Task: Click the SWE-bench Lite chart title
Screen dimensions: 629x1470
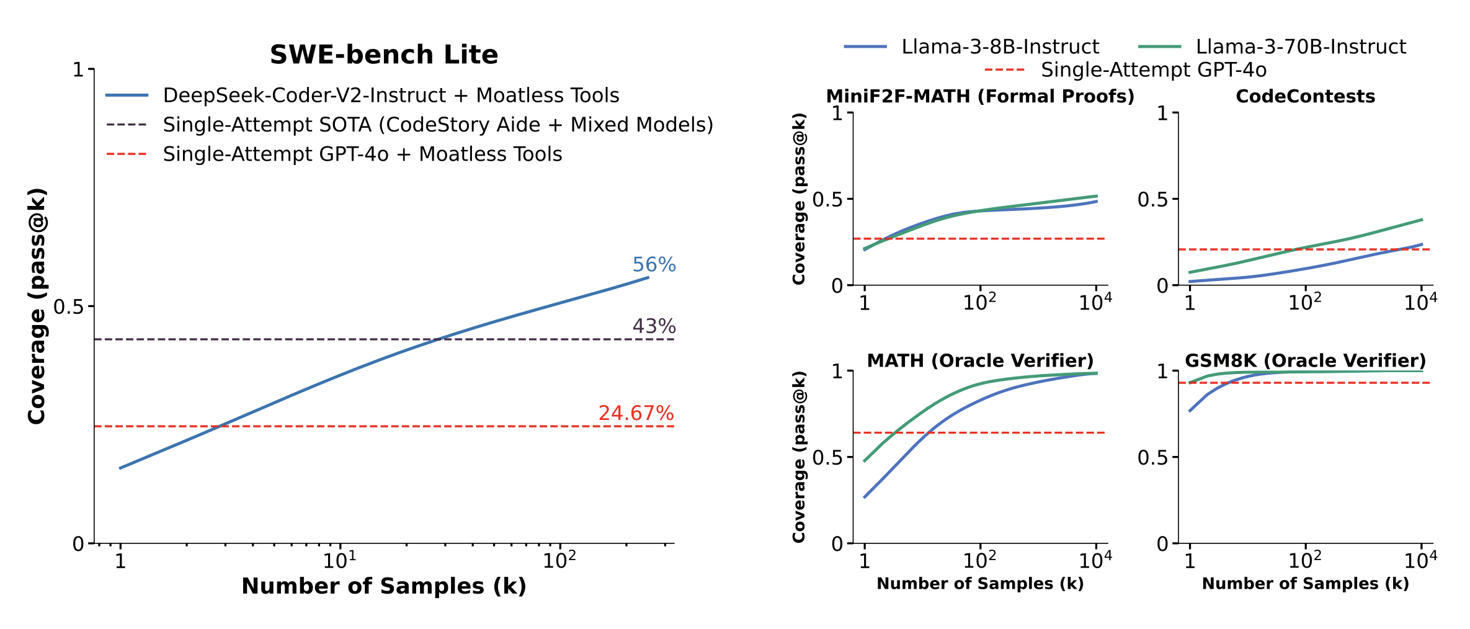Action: [384, 55]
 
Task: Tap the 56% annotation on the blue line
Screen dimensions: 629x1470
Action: [654, 265]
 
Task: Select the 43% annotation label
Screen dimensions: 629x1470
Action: [654, 326]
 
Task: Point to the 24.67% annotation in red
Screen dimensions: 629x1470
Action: [636, 413]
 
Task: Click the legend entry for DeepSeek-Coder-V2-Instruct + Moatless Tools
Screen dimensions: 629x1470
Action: [391, 96]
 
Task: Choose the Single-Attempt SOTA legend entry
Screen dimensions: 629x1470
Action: [438, 125]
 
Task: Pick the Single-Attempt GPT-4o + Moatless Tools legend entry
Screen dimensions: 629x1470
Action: [362, 154]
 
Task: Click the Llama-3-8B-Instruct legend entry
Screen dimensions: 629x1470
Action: [1000, 47]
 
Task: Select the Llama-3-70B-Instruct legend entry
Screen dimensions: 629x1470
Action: [1301, 47]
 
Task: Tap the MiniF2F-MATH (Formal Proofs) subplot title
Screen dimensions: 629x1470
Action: [980, 96]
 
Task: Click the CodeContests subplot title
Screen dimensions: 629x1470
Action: [1305, 96]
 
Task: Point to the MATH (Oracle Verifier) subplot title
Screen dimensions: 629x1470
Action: [980, 360]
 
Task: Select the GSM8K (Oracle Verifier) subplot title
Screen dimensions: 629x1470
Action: [1305, 360]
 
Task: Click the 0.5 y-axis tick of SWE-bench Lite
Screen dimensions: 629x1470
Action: [68, 306]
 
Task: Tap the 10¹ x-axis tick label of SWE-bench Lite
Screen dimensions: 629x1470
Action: [340, 560]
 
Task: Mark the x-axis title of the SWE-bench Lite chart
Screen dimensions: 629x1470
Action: [384, 586]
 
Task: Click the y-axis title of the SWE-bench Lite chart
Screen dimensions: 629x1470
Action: [37, 306]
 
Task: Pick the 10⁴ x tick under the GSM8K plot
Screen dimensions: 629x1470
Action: [1420, 560]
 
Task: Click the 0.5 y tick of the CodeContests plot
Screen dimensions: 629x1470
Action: [1152, 199]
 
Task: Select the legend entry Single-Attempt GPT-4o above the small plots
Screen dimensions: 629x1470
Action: [1153, 70]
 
